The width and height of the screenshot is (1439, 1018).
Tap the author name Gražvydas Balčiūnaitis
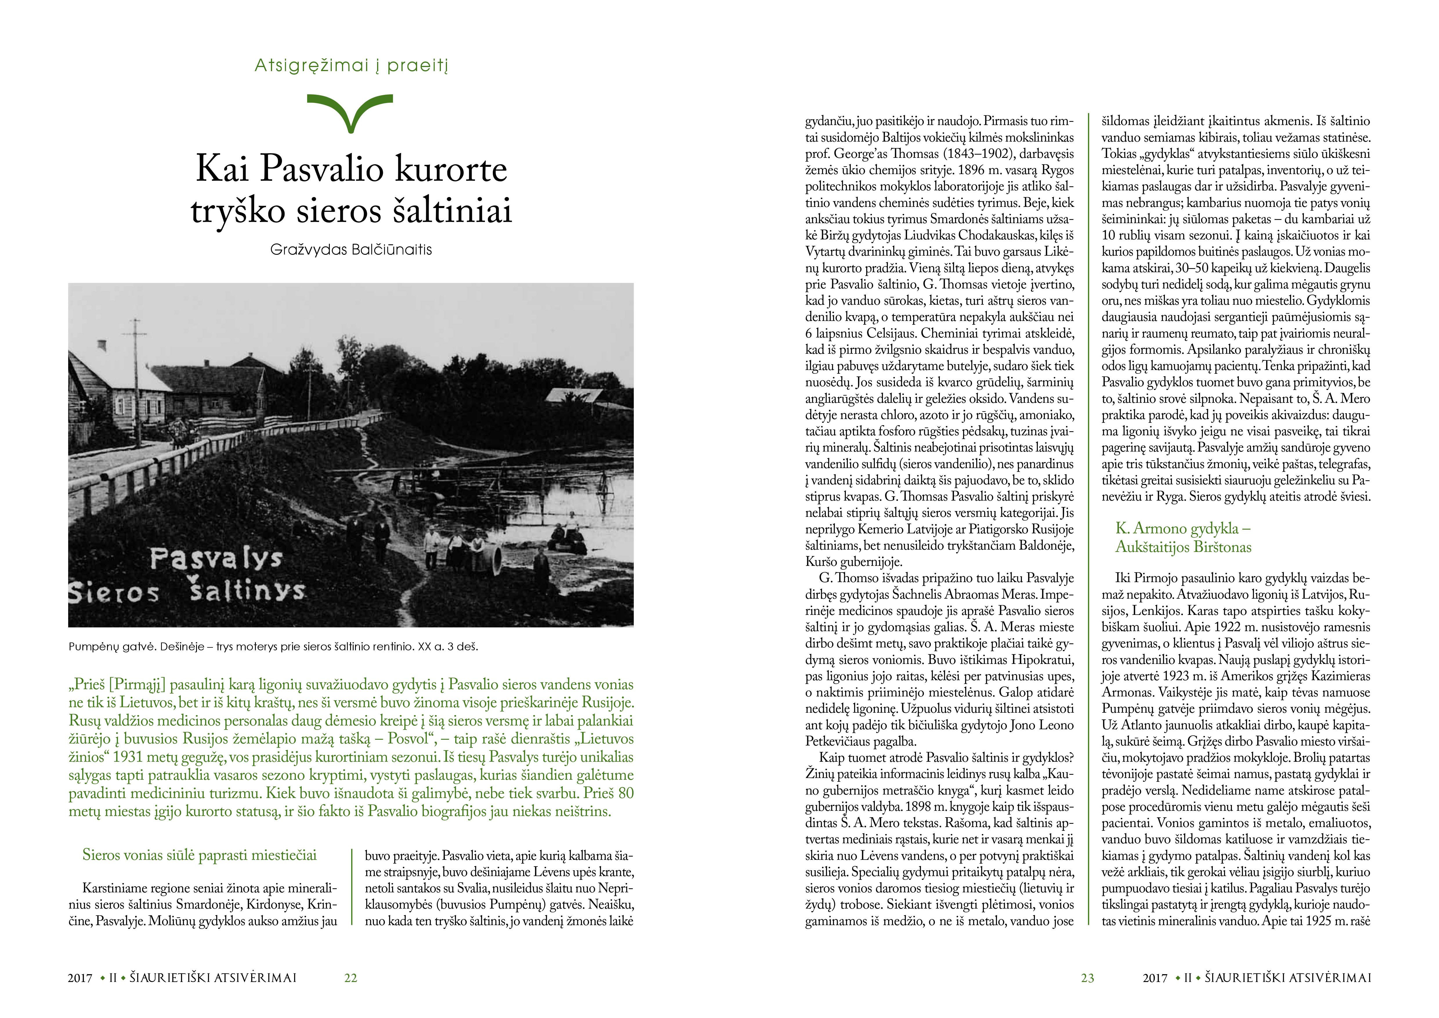pos(351,250)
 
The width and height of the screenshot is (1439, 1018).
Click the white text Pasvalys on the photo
pos(216,558)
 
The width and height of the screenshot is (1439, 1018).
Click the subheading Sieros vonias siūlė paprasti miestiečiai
pos(199,855)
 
